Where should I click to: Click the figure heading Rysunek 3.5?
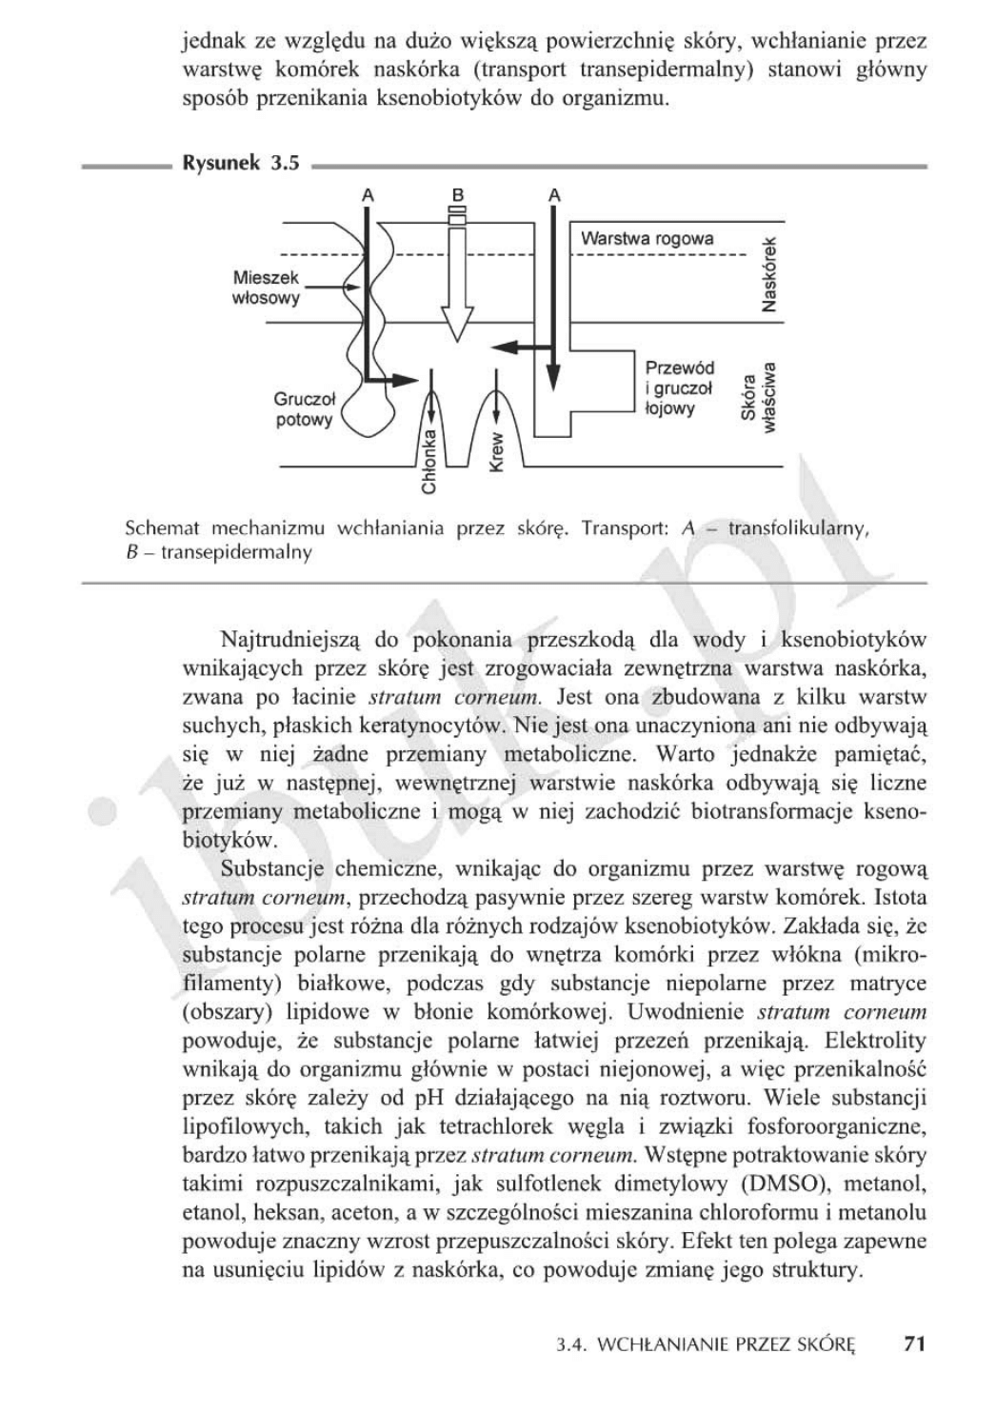click(240, 163)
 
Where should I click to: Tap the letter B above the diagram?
click(458, 194)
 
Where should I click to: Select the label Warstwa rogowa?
click(647, 238)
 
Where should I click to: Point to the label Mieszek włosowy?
click(266, 288)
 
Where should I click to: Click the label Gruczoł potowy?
click(303, 409)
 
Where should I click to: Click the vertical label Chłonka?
click(428, 462)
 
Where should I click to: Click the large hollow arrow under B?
click(458, 286)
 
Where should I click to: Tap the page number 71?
click(914, 1343)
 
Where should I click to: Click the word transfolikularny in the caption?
click(798, 527)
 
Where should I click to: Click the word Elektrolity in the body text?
click(875, 1040)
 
